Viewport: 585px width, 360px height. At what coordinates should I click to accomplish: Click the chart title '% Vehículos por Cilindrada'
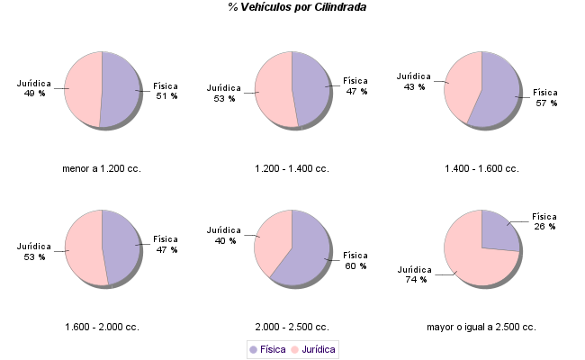point(296,7)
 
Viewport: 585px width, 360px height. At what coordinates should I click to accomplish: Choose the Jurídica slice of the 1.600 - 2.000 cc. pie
point(84,247)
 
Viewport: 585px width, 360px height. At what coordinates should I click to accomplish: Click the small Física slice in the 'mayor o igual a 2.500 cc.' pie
point(498,230)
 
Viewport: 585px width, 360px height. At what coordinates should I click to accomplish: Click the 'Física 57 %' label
point(545,97)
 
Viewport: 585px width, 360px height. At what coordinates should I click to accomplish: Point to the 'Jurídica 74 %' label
point(415,274)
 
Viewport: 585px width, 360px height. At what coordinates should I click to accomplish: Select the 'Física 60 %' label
point(355,260)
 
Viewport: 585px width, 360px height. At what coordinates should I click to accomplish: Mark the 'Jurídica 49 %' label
point(34,88)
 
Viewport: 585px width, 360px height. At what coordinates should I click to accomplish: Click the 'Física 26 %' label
point(544,221)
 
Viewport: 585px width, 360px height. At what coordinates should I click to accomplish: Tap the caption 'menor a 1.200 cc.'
point(102,168)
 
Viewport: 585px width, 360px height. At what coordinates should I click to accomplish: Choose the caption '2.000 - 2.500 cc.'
point(292,327)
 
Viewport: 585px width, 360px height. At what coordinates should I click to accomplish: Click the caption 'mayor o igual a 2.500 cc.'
point(481,327)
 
